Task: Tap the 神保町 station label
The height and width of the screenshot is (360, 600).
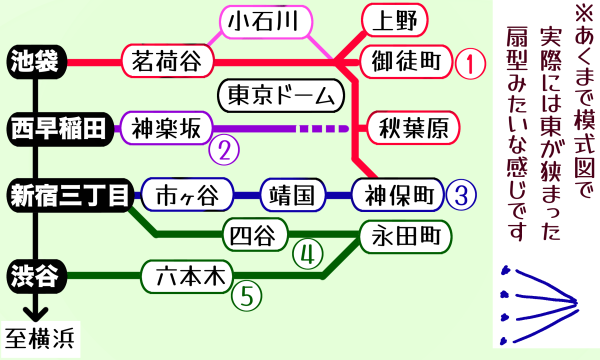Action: [x=395, y=193]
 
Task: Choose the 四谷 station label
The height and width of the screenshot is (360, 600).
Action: [x=253, y=235]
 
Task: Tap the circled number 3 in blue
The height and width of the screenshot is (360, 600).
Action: [x=459, y=194]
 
